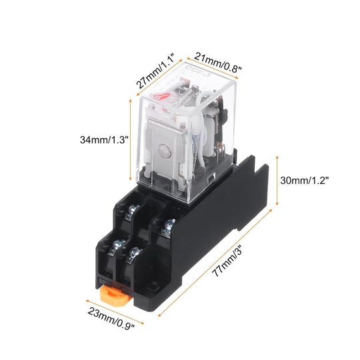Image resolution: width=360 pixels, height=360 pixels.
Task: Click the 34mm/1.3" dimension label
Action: coord(104,139)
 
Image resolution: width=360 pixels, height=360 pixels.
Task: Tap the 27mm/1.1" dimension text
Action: coord(155,71)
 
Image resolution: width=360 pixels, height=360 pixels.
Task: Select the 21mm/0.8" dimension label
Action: coord(217,62)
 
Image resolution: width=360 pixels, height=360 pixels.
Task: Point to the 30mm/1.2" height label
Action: coord(305,181)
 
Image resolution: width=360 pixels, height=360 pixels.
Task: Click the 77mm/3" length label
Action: coord(227,262)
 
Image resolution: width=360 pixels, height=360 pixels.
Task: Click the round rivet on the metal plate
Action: coord(165,151)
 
